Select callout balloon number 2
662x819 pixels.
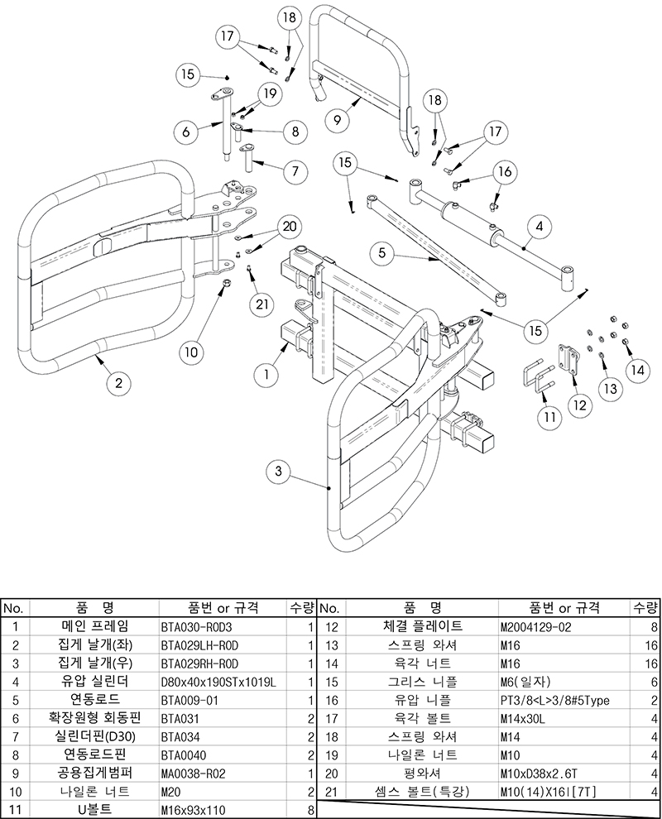tap(118, 382)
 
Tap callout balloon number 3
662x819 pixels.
tap(279, 472)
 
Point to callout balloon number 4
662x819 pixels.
tap(539, 224)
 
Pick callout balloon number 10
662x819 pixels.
tap(191, 352)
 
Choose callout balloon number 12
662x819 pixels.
tap(579, 405)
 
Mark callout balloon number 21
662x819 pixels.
tap(261, 304)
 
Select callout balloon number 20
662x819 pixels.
tap(288, 225)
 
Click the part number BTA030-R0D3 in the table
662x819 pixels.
tap(196, 627)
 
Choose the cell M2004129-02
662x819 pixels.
tap(536, 627)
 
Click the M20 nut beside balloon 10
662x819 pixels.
tap(224, 285)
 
